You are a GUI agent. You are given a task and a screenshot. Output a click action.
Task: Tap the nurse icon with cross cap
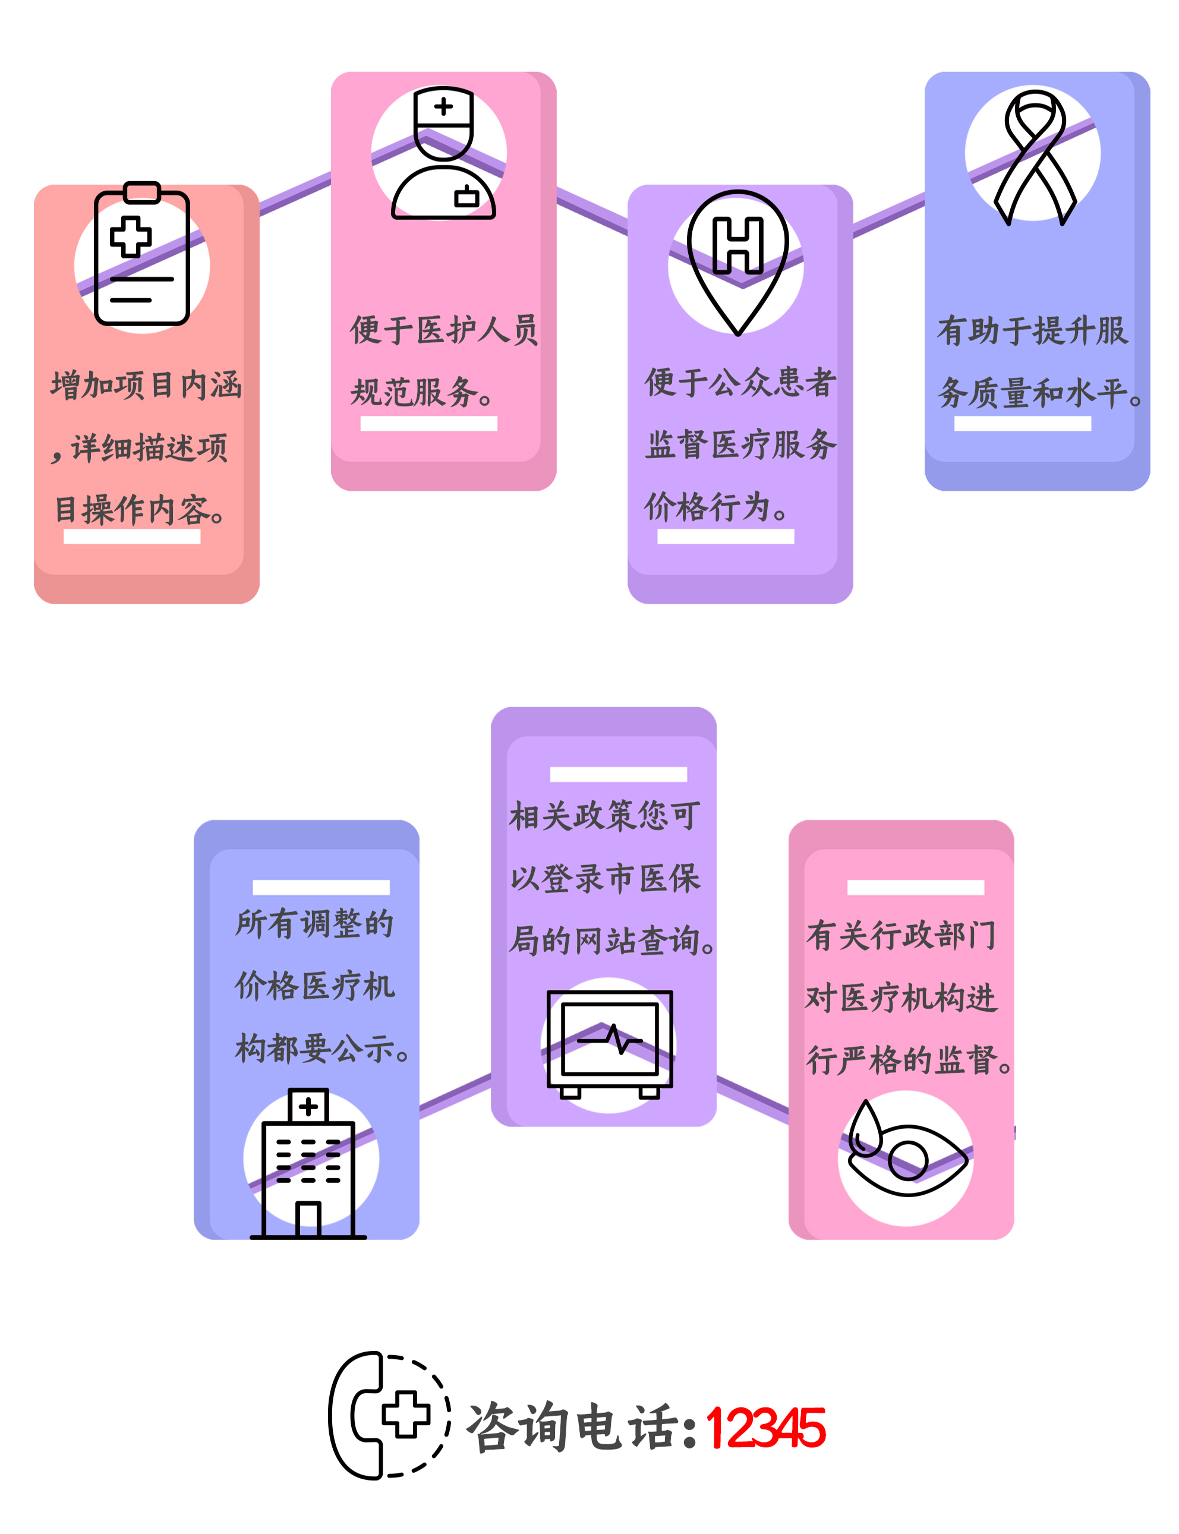pos(443,154)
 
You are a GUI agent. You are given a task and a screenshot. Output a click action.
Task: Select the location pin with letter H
pos(737,260)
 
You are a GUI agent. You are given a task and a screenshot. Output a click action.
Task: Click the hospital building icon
pos(308,1164)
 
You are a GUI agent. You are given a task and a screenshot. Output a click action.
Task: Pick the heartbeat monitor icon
pos(609,1044)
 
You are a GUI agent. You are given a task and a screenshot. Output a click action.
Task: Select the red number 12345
pos(765,1428)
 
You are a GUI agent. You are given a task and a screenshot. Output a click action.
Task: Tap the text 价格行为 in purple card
pos(714,506)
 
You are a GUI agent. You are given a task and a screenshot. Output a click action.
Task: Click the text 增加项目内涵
pos(146,385)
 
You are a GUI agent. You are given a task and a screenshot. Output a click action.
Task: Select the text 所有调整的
pos(314,924)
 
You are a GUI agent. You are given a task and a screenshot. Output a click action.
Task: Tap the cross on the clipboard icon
pos(131,236)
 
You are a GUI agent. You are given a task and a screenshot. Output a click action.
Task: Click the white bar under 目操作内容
pos(132,536)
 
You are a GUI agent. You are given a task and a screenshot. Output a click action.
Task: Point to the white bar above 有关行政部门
pos(915,887)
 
